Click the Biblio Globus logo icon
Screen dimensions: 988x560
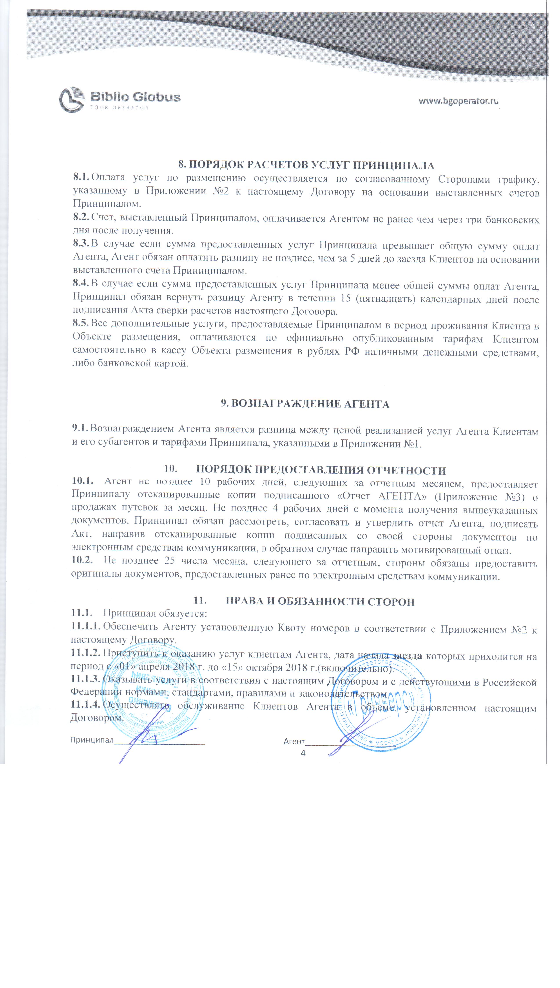coord(72,100)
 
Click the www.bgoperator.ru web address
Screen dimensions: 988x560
coord(459,101)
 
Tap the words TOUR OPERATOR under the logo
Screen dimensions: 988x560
coord(119,108)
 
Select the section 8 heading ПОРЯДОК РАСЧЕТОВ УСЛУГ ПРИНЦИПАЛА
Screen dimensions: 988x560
coord(306,165)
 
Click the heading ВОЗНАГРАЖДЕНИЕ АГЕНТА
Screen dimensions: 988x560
coord(305,404)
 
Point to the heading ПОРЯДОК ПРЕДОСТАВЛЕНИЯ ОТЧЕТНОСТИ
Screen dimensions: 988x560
coord(321,470)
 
